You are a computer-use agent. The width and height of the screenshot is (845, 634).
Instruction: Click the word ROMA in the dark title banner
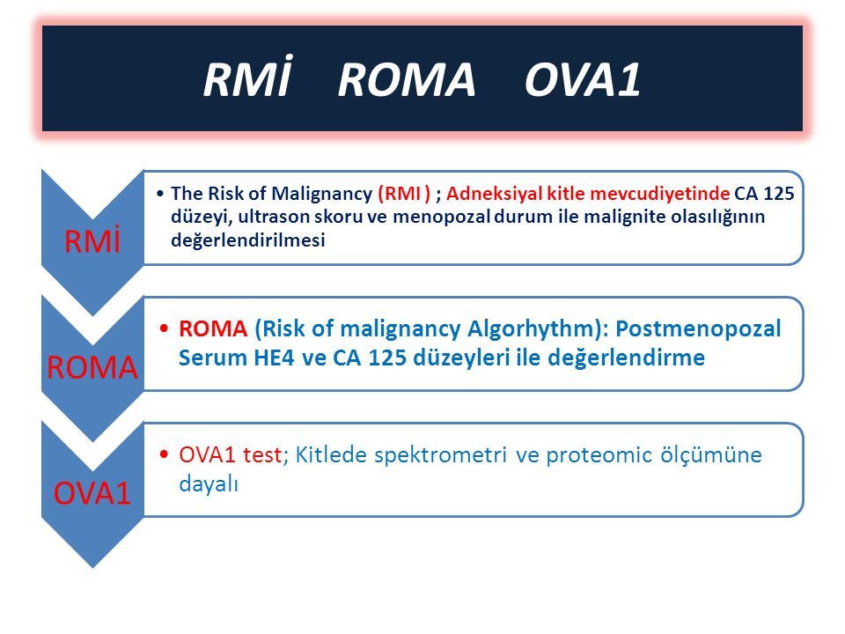407,80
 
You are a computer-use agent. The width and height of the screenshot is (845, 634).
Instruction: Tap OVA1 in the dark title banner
582,80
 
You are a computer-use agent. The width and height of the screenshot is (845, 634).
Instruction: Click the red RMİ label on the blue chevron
92,240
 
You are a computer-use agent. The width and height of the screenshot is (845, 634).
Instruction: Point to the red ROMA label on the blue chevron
92,368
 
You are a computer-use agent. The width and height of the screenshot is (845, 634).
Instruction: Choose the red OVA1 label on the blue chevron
92,493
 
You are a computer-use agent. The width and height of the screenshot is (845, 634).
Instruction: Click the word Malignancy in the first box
321,194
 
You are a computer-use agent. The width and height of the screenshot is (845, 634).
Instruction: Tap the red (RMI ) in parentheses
404,194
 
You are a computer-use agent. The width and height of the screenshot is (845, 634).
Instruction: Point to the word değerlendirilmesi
248,240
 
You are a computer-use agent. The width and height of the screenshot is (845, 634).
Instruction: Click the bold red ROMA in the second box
213,328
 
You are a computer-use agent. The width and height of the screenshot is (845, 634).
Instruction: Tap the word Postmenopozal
698,328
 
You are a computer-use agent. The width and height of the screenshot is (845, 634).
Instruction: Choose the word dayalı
209,484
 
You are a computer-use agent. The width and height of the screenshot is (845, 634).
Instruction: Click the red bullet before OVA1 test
165,454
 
